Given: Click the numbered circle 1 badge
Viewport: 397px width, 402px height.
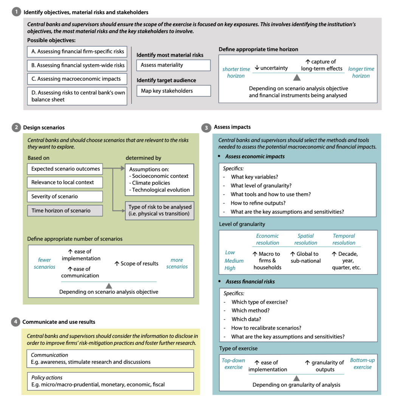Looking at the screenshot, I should pyautogui.click(x=16, y=12).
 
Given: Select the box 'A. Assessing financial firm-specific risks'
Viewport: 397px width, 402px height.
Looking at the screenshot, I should pyautogui.click(x=78, y=51).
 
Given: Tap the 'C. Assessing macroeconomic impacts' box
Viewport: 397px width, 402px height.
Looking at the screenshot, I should pyautogui.click(x=78, y=79).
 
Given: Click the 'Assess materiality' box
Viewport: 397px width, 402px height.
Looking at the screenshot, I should pyautogui.click(x=173, y=65).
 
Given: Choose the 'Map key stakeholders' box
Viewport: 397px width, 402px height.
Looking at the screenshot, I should pyautogui.click(x=173, y=91).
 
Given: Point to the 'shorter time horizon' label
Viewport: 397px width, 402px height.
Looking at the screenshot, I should pyautogui.click(x=236, y=73).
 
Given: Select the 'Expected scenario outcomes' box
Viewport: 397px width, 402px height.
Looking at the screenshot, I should pyautogui.click(x=65, y=169).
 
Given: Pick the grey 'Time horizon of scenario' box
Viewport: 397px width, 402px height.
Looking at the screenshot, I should pyautogui.click(x=65, y=210).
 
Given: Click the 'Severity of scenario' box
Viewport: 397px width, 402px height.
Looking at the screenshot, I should pyautogui.click(x=65, y=196).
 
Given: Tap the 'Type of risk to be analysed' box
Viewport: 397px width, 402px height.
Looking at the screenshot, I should pyautogui.click(x=160, y=210).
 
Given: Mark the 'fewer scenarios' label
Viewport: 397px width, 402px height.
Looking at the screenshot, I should pyautogui.click(x=44, y=263).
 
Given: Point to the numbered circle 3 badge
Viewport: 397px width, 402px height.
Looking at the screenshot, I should pyautogui.click(x=206, y=128).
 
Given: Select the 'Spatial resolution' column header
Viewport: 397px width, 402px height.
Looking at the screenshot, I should pyautogui.click(x=306, y=239).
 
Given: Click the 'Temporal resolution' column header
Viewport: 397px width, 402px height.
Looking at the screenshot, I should pyautogui.click(x=344, y=239).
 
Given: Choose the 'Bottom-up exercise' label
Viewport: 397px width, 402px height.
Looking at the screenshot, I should pyautogui.click(x=362, y=363).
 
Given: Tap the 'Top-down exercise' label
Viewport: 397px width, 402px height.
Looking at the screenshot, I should pyautogui.click(x=233, y=364).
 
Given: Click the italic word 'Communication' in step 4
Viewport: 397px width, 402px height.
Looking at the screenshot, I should pyautogui.click(x=50, y=355).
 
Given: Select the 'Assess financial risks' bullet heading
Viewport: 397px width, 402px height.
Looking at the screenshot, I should pyautogui.click(x=250, y=281).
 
